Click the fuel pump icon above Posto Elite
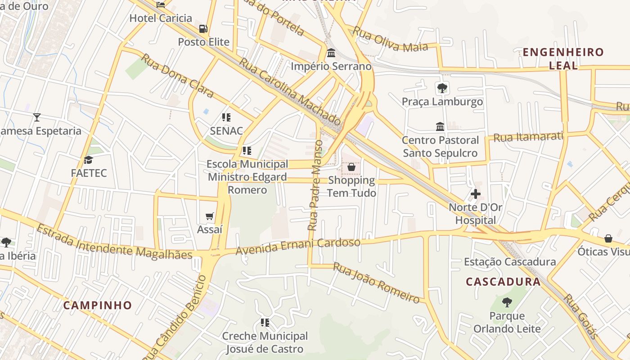(x=203, y=29)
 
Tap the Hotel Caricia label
(x=161, y=18)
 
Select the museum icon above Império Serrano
(x=331, y=53)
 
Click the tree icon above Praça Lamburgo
(x=442, y=88)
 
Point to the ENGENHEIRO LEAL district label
(x=563, y=58)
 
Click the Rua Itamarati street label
(x=528, y=136)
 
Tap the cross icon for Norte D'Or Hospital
(x=475, y=194)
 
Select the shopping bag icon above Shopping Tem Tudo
(x=351, y=167)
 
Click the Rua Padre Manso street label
(x=315, y=185)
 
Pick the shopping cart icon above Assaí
(x=209, y=216)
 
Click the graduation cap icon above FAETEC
(x=89, y=160)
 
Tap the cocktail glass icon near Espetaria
(x=37, y=117)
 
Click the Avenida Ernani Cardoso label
(x=298, y=246)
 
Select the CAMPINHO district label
(x=98, y=305)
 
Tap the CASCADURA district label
(x=503, y=282)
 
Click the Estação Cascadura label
(x=509, y=261)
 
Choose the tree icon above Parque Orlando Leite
(x=507, y=302)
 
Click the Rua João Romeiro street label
(x=376, y=282)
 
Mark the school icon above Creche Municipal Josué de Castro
(x=265, y=322)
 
